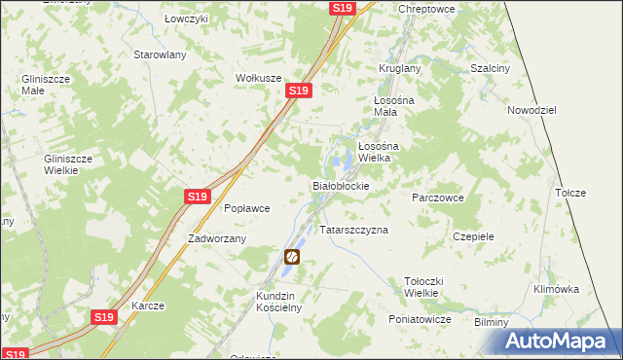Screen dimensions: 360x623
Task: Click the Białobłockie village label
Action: [340, 185]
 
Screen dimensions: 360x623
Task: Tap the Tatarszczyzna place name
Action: [354, 231]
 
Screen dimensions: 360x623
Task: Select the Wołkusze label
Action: [258, 78]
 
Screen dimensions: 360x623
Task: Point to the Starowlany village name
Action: [160, 55]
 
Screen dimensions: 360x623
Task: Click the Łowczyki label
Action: [185, 19]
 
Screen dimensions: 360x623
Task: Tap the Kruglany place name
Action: [399, 69]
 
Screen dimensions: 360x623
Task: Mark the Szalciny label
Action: [490, 69]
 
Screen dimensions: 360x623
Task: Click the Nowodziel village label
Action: [531, 111]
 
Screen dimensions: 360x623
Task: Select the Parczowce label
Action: [437, 197]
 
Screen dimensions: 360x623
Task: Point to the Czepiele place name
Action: [474, 236]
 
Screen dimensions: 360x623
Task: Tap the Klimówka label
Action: [557, 289]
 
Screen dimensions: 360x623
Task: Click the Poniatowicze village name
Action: [419, 319]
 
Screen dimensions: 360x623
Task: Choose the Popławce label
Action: [246, 208]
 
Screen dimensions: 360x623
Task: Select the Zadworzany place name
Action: [217, 238]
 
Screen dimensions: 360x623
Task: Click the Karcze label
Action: [148, 306]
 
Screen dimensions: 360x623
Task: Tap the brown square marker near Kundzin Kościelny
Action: [291, 257]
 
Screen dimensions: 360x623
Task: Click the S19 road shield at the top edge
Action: [341, 8]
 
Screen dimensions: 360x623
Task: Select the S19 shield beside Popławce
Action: [198, 197]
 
